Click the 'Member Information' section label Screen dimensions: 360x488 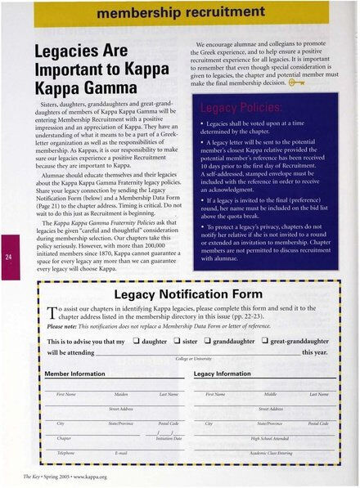(79, 373)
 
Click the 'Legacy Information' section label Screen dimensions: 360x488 (223, 373)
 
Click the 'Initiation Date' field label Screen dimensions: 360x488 (169, 438)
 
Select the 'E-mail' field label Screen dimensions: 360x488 (121, 452)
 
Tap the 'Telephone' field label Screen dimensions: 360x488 (65, 452)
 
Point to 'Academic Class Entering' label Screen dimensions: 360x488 (271, 452)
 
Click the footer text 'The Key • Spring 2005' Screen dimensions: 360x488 (41, 475)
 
